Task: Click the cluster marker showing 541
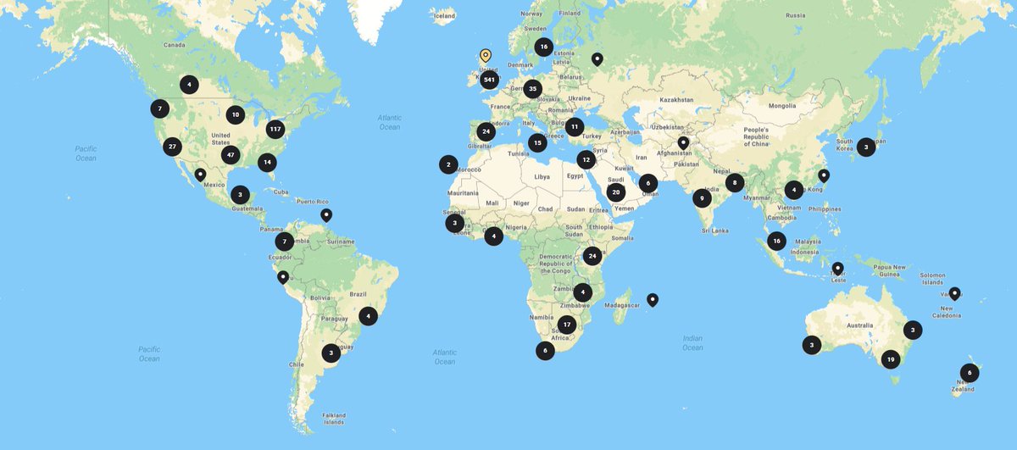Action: [488, 80]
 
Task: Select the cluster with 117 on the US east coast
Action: [274, 129]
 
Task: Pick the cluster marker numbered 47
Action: [230, 155]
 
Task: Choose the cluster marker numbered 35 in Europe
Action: [532, 88]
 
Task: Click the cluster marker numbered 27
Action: [172, 146]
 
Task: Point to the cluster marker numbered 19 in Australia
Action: [890, 359]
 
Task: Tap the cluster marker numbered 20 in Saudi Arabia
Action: [616, 192]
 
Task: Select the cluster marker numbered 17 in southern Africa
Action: [567, 324]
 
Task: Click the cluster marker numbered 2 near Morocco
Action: [448, 164]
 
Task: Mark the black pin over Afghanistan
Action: [683, 142]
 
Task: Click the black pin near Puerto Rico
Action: [326, 214]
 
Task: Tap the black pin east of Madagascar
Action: [652, 298]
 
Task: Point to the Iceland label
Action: [442, 16]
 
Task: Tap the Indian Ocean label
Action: [692, 342]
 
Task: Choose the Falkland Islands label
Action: [333, 418]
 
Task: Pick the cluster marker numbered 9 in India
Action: [701, 198]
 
